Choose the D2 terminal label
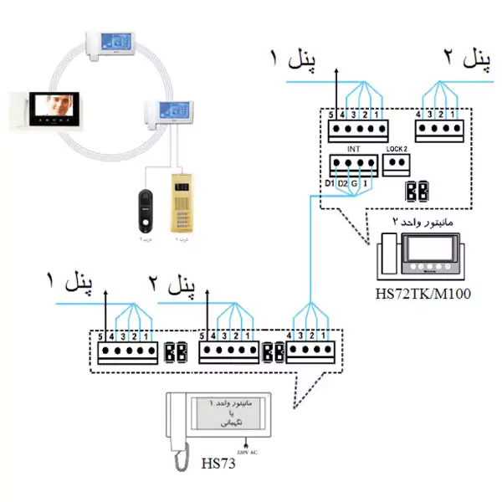click(343, 182)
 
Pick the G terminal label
click(356, 182)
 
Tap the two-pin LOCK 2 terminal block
click(396, 164)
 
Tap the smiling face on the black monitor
click(56, 106)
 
